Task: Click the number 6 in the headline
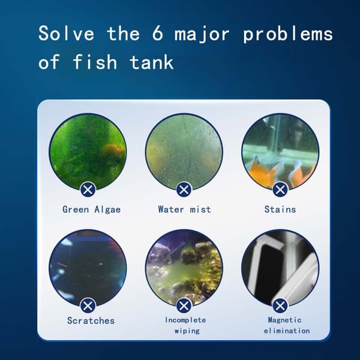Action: click(x=158, y=34)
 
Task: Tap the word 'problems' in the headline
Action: click(x=288, y=34)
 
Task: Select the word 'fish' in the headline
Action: click(x=95, y=62)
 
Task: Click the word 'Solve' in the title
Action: click(x=67, y=34)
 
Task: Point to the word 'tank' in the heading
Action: click(x=152, y=62)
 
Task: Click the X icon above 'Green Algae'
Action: click(x=88, y=190)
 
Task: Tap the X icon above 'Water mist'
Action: click(x=184, y=190)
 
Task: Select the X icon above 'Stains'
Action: click(x=280, y=190)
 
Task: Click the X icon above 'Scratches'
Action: click(x=88, y=305)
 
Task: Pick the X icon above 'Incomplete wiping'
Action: click(x=184, y=305)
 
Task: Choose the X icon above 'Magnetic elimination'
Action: click(x=280, y=305)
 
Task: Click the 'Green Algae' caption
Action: click(x=91, y=209)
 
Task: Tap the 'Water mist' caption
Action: click(x=184, y=209)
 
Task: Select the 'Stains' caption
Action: click(x=280, y=209)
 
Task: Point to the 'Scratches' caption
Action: click(x=91, y=320)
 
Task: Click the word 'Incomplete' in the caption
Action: click(x=185, y=320)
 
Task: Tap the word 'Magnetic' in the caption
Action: click(x=284, y=320)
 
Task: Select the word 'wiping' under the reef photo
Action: click(x=187, y=331)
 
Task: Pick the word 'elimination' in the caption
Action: click(x=287, y=331)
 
